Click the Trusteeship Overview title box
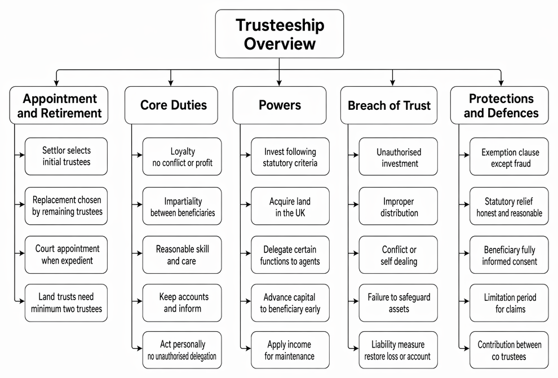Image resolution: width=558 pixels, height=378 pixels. pyautogui.click(x=280, y=34)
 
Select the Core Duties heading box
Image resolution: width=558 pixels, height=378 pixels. pyautogui.click(x=171, y=105)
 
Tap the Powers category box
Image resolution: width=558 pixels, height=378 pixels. pyautogui.click(x=280, y=105)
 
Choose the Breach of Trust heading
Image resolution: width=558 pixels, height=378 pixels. pyautogui.click(x=389, y=105)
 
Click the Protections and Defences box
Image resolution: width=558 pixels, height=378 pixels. pyautogui.click(x=499, y=105)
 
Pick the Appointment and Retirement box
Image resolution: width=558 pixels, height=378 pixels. pyautogui.click(x=59, y=105)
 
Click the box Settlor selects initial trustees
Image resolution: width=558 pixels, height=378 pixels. pyautogui.click(x=66, y=157)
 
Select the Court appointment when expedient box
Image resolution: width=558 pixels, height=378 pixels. pyautogui.click(x=66, y=255)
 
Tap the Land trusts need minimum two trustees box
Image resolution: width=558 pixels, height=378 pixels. pyautogui.click(x=66, y=303)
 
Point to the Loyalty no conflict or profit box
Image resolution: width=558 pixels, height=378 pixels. pyautogui.click(x=182, y=157)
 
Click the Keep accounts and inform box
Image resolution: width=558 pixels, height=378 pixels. pyautogui.click(x=182, y=303)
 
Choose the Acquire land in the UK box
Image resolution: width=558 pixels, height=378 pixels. pyautogui.click(x=290, y=206)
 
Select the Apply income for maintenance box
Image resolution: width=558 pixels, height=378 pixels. pyautogui.click(x=290, y=350)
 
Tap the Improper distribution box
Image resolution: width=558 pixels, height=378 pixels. pyautogui.click(x=398, y=206)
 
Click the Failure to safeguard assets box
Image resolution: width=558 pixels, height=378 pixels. pyautogui.click(x=398, y=303)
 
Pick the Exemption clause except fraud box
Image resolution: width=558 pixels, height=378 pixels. pyautogui.click(x=510, y=157)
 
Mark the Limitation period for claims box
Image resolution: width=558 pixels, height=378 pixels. pyautogui.click(x=510, y=303)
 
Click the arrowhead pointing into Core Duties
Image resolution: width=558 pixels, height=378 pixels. pyautogui.click(x=171, y=83)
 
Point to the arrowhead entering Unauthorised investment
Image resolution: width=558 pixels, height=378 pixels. pyautogui.click(x=356, y=155)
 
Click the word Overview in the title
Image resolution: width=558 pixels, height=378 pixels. pyautogui.click(x=280, y=44)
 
